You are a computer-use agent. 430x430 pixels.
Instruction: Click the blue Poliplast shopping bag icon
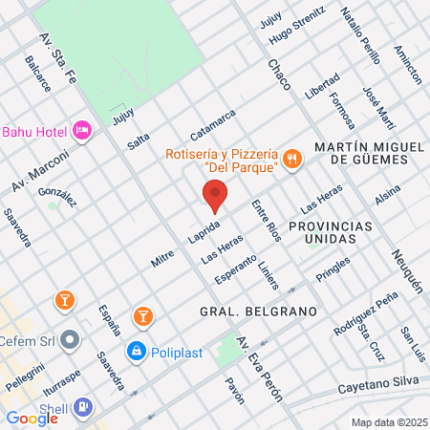pyautogui.click(x=137, y=352)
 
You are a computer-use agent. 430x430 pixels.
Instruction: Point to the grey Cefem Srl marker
pyautogui.click(x=69, y=339)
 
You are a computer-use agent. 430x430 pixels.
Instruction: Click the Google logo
pyautogui.click(x=32, y=418)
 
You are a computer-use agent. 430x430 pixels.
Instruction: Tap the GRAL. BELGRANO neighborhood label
pyautogui.click(x=245, y=312)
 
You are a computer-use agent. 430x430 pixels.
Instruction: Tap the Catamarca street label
pyautogui.click(x=212, y=125)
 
